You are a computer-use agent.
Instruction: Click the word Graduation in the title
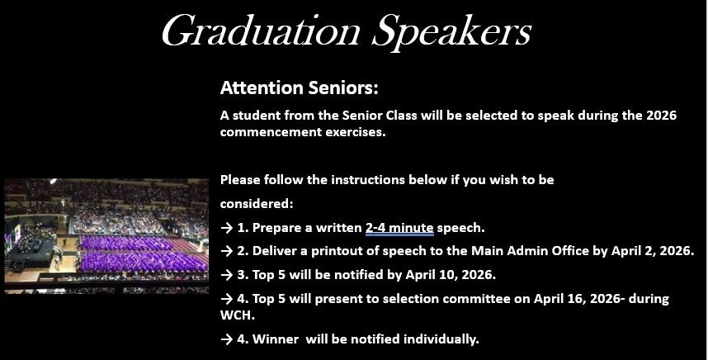tap(261, 31)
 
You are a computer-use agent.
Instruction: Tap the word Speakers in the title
tap(451, 32)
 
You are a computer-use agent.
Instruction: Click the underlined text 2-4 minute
tap(399, 228)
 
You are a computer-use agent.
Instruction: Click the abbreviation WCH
tap(237, 315)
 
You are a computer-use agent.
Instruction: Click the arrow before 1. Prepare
tap(227, 228)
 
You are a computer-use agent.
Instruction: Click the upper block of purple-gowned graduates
tap(126, 243)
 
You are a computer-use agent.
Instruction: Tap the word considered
tap(256, 204)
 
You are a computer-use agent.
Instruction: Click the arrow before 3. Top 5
tap(227, 275)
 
